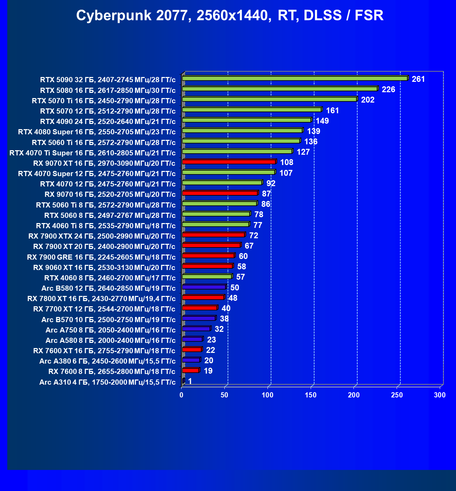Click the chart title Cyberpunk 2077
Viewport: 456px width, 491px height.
[230, 16]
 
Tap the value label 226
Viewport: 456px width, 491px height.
[388, 89]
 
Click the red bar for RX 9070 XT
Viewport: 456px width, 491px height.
[229, 162]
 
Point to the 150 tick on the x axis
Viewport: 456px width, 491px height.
[311, 395]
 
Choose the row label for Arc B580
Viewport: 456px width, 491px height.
[108, 288]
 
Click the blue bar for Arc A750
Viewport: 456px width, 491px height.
[196, 329]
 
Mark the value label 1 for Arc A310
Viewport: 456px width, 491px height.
[190, 381]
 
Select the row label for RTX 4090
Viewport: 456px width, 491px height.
[108, 122]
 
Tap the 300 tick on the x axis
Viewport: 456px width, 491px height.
[440, 395]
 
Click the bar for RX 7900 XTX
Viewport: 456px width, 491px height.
[213, 235]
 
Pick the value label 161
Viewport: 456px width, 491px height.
[332, 110]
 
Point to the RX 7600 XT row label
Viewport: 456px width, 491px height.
[104, 351]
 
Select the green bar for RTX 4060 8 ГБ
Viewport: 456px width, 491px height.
[207, 277]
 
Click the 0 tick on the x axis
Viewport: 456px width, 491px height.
[182, 395]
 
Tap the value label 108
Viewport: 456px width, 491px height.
[287, 162]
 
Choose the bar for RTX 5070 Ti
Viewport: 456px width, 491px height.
[269, 99]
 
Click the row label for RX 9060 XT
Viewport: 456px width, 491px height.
[104, 268]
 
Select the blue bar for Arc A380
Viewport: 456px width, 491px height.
[191, 360]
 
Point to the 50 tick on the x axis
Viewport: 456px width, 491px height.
[225, 395]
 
